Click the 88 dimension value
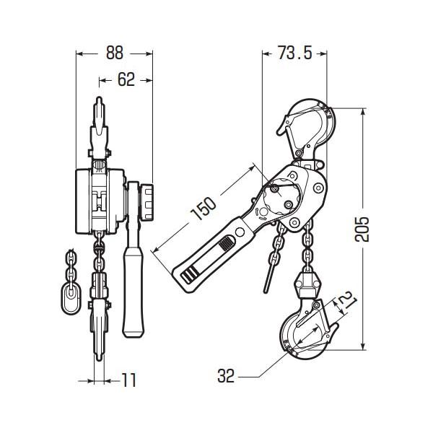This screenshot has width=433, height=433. (114, 53)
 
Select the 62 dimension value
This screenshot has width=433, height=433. (126, 79)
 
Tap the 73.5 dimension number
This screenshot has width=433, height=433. (295, 53)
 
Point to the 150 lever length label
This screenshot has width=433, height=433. (204, 209)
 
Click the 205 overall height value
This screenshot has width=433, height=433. (362, 229)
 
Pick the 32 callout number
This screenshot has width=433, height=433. (226, 376)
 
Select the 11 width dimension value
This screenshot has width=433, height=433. (129, 380)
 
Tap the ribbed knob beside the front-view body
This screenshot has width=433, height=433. (147, 201)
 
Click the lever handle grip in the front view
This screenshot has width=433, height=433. (133, 292)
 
